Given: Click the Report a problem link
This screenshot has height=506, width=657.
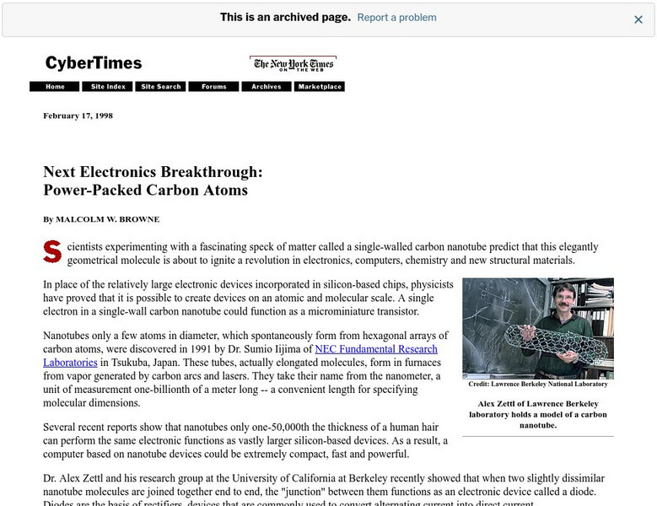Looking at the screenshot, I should pyautogui.click(x=396, y=18).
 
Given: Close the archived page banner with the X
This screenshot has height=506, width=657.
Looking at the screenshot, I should pyautogui.click(x=638, y=19).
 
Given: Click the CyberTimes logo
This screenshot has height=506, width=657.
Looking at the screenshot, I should pyautogui.click(x=94, y=63).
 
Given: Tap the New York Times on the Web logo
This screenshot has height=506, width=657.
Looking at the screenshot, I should pyautogui.click(x=293, y=64).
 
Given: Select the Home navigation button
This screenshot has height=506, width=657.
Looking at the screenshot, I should pyautogui.click(x=55, y=87).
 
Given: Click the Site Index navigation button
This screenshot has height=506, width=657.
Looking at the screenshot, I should pyautogui.click(x=108, y=87).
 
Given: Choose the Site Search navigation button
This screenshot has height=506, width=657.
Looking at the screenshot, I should pyautogui.click(x=161, y=87).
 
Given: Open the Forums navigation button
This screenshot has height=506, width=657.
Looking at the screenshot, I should pyautogui.click(x=214, y=87).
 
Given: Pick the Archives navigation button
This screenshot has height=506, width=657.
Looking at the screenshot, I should pyautogui.click(x=267, y=87).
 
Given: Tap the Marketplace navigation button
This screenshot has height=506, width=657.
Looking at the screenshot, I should pyautogui.click(x=320, y=87).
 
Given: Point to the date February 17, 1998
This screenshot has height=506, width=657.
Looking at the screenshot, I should pyautogui.click(x=78, y=116).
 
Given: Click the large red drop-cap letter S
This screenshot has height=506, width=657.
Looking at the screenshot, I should pyautogui.click(x=51, y=251).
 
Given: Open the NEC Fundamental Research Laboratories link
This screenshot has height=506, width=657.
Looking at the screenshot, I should pyautogui.click(x=376, y=349).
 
